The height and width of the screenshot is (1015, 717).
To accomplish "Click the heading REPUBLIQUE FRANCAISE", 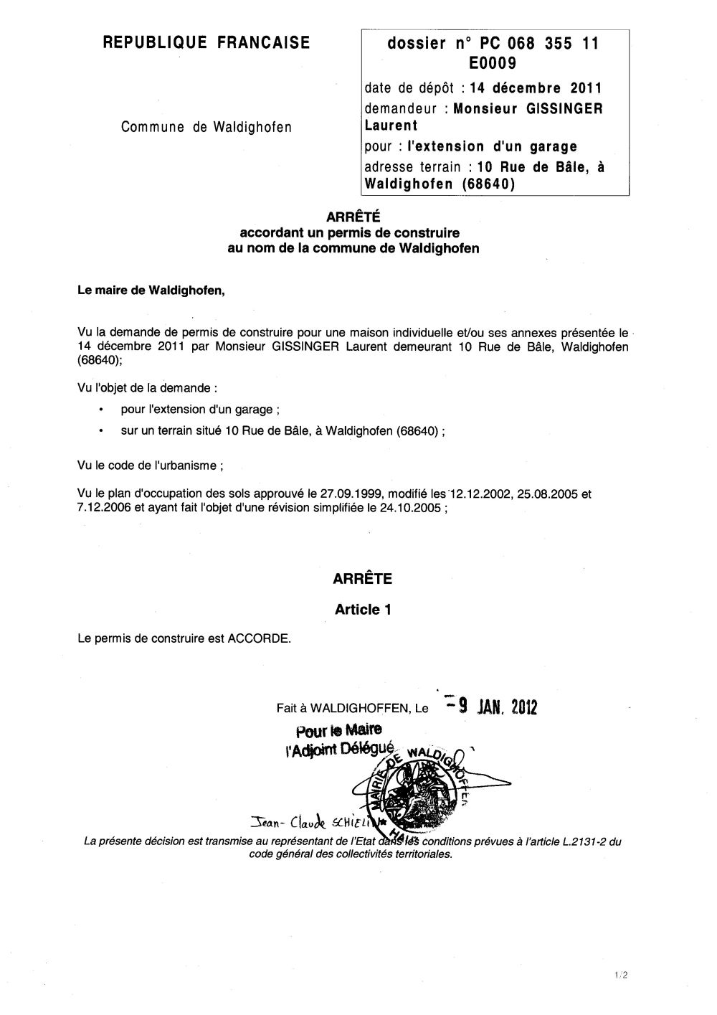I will [x=207, y=43].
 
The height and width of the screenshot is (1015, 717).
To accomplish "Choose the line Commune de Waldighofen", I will [x=206, y=128].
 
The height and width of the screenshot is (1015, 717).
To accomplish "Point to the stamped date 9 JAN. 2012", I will [x=495, y=707].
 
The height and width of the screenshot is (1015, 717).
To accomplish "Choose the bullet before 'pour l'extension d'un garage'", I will [x=102, y=410].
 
